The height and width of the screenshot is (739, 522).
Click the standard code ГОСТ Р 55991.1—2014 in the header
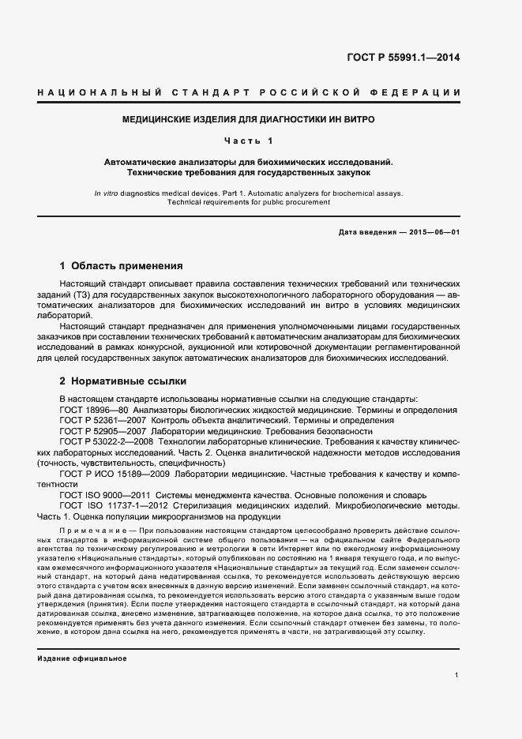[x=404, y=58]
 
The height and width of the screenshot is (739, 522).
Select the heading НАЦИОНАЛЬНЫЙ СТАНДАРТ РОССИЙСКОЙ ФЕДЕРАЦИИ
[x=250, y=93]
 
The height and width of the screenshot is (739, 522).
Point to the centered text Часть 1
[x=248, y=141]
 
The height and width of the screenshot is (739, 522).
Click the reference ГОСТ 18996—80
[x=94, y=410]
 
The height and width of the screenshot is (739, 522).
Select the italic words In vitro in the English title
[x=106, y=193]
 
